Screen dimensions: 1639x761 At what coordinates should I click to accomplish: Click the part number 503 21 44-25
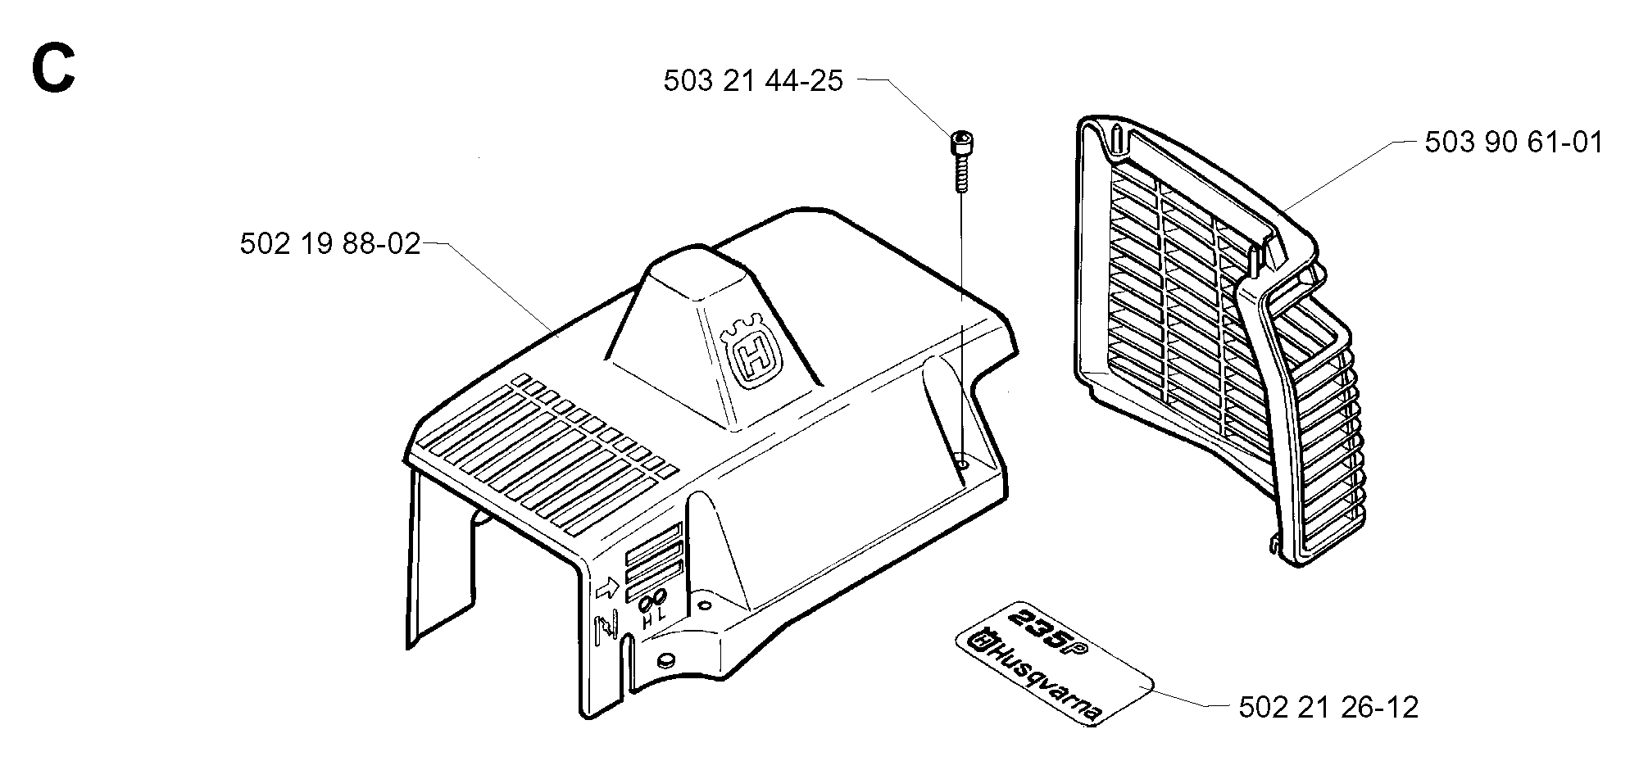(753, 81)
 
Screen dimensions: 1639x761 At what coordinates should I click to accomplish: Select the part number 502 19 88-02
(329, 244)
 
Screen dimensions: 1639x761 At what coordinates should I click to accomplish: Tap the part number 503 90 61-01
(1514, 143)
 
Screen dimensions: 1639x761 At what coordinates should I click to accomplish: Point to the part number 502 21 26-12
(1328, 706)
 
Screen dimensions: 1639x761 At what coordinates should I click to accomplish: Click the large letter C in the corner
(53, 69)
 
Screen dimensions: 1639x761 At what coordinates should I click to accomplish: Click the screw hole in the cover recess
(961, 464)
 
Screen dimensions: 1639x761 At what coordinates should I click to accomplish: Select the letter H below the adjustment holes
(648, 622)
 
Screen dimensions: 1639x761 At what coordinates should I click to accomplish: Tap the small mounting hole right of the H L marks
(703, 607)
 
